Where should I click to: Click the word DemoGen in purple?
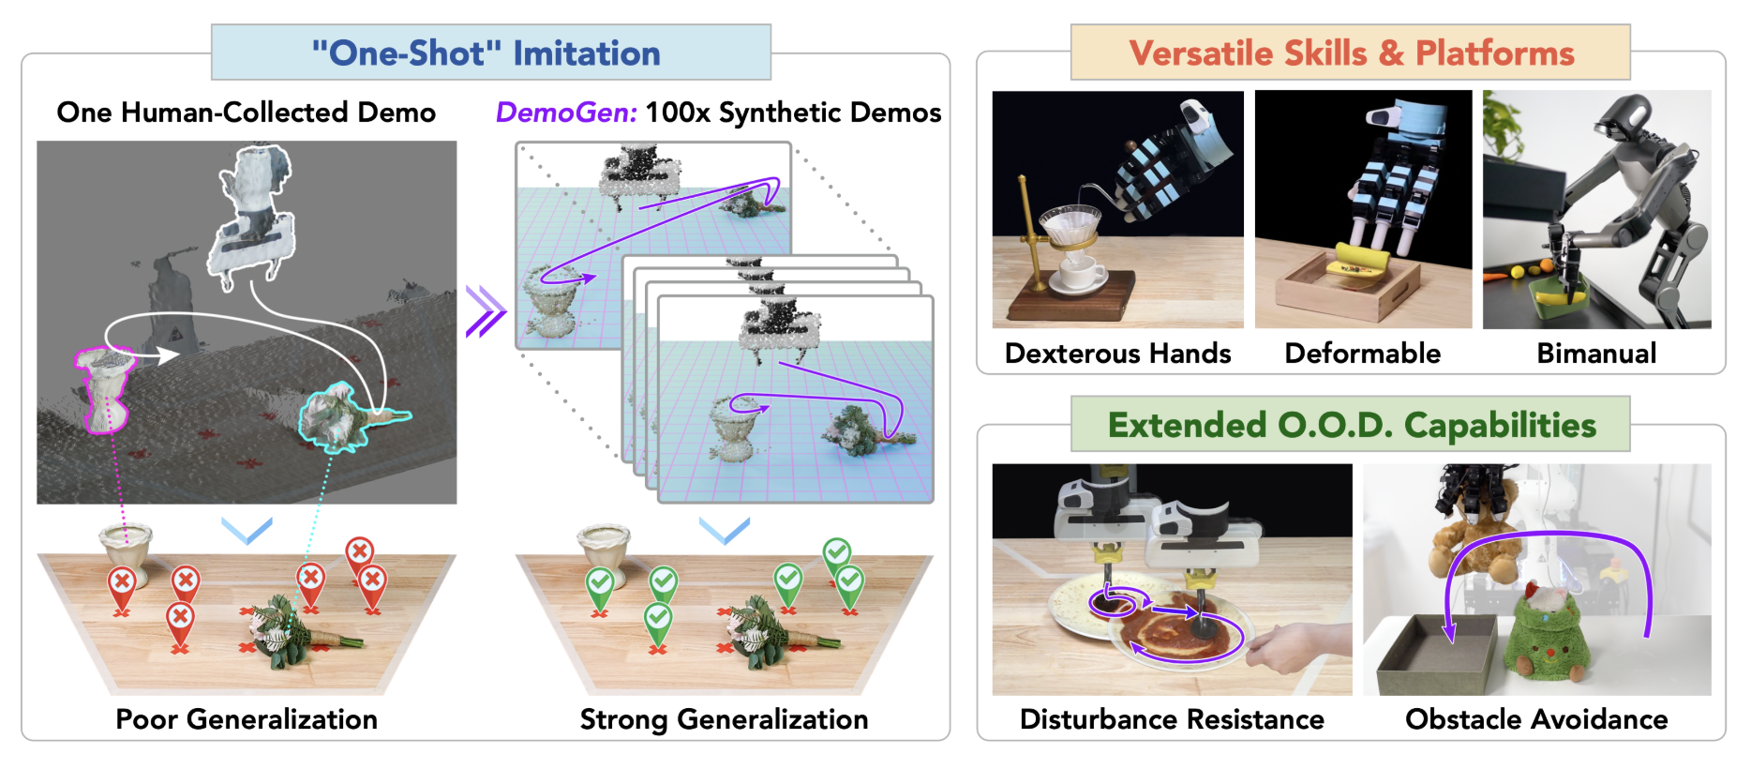click(566, 113)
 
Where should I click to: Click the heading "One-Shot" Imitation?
click(486, 53)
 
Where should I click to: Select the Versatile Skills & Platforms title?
click(1351, 53)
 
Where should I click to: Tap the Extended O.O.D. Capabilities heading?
click(1352, 425)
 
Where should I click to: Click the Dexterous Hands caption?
click(1117, 354)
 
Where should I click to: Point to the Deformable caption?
click(1362, 354)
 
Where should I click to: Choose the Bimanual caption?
click(1596, 354)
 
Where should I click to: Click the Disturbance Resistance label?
click(1172, 719)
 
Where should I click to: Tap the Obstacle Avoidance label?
click(1536, 719)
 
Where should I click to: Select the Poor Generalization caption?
click(247, 719)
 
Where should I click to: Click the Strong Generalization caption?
click(724, 719)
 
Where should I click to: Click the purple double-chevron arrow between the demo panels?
click(486, 310)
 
